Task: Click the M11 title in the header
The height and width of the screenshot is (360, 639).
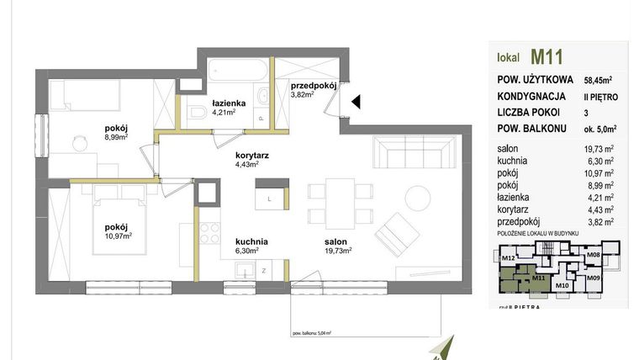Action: [546, 57]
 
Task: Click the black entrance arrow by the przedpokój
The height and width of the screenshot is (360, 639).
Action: [356, 102]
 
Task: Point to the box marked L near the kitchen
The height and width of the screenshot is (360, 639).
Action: [268, 199]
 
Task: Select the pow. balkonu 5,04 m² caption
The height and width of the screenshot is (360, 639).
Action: [314, 333]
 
